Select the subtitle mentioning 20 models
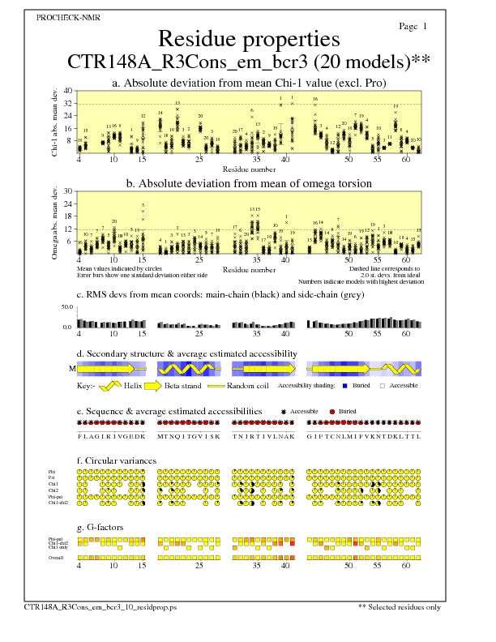coord(248,62)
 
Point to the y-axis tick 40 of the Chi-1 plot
coord(68,91)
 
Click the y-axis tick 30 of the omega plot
coord(68,191)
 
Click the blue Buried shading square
coord(346,387)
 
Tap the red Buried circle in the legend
coord(333,412)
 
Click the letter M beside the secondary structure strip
coord(72,369)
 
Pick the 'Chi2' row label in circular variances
coord(53,490)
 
